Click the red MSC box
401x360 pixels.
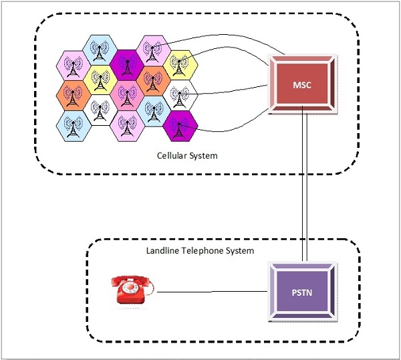tap(303, 85)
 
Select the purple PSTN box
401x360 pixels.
tap(303, 292)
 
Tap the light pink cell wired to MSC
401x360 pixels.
tap(151, 49)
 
